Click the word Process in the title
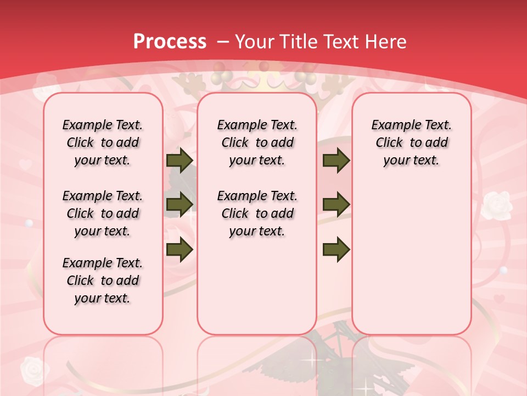tap(170, 41)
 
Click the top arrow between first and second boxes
tap(180, 160)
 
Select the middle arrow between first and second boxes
tap(180, 205)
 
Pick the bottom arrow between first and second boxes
tap(180, 250)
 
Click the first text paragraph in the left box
tap(103, 142)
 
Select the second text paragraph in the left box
tap(103, 213)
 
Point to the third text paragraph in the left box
tap(103, 280)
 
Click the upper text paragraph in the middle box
tap(257, 142)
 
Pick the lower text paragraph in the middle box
tap(257, 213)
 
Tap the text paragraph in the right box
tap(411, 142)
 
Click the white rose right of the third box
tap(496, 205)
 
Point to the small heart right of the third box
tap(498, 299)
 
